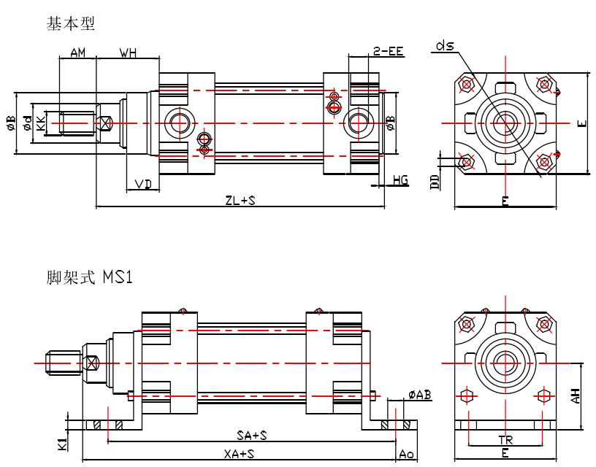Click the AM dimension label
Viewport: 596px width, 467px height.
(78, 53)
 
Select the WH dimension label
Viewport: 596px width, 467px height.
(129, 53)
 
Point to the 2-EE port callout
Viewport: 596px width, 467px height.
(388, 51)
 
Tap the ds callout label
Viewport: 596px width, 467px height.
(445, 46)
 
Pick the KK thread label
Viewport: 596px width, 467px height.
(42, 122)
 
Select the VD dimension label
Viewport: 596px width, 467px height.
(143, 184)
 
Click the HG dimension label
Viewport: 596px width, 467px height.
(400, 180)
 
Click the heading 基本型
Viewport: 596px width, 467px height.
(70, 25)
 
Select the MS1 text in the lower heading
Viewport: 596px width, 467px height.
(118, 278)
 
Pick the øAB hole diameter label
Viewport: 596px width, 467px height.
(419, 395)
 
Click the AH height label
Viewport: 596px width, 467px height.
(576, 395)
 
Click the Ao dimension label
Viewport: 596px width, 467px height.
(405, 454)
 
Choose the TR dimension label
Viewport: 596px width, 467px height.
(505, 441)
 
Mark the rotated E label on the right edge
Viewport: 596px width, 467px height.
(582, 123)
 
